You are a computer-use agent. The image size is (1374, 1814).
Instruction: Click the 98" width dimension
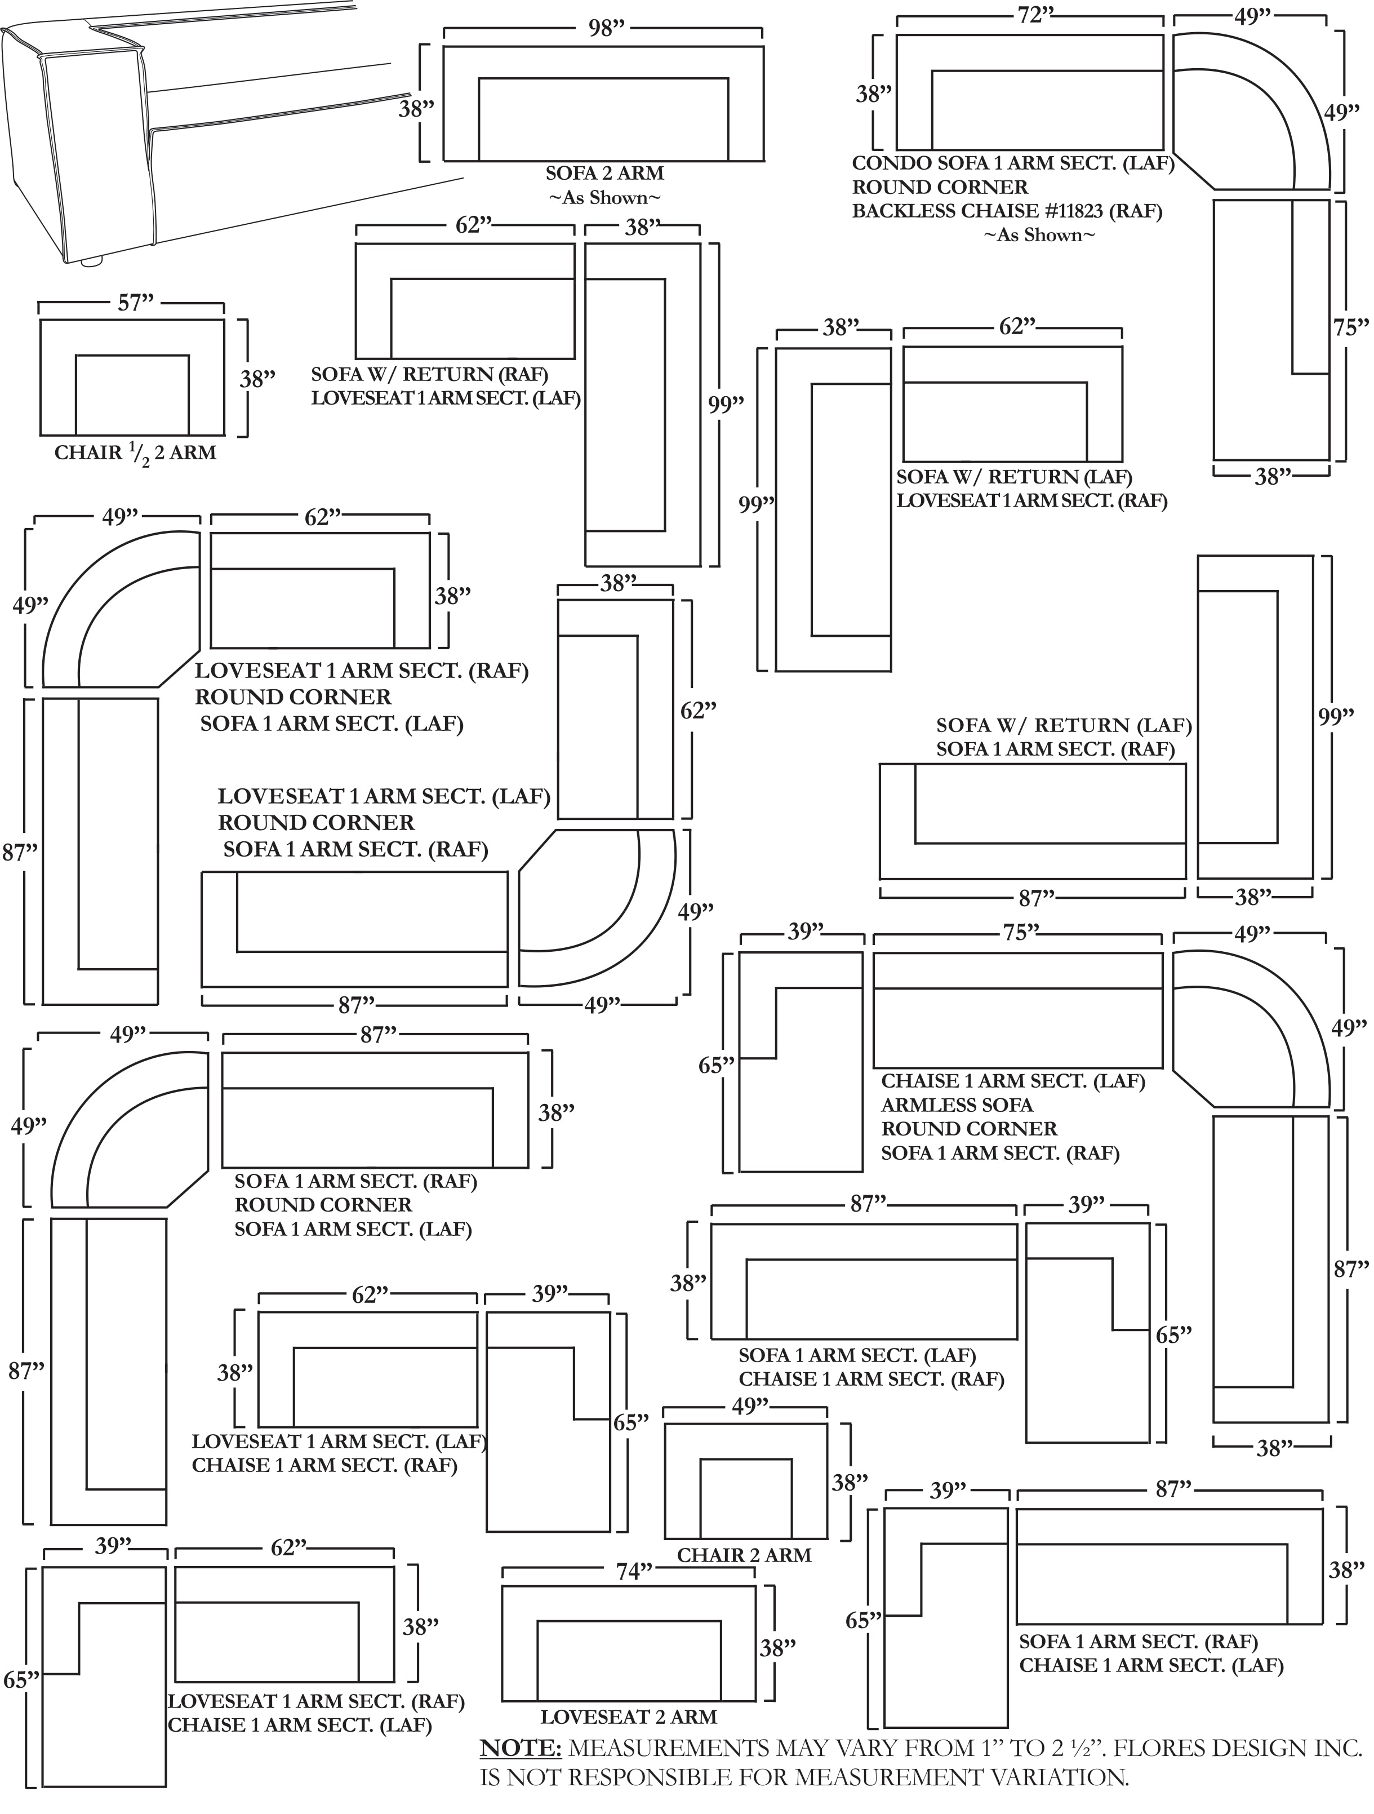pos(606,29)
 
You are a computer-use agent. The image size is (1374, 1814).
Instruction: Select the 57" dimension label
pos(135,303)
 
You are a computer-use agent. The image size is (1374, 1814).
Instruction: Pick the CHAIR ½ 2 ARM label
pos(135,453)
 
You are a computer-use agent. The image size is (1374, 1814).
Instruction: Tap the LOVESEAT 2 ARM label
pos(629,1717)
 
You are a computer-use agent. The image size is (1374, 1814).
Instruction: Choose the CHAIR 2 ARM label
pos(744,1555)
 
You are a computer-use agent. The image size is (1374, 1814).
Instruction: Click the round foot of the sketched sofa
pos(92,261)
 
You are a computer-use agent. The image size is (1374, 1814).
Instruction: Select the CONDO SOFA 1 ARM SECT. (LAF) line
pos(1013,163)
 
